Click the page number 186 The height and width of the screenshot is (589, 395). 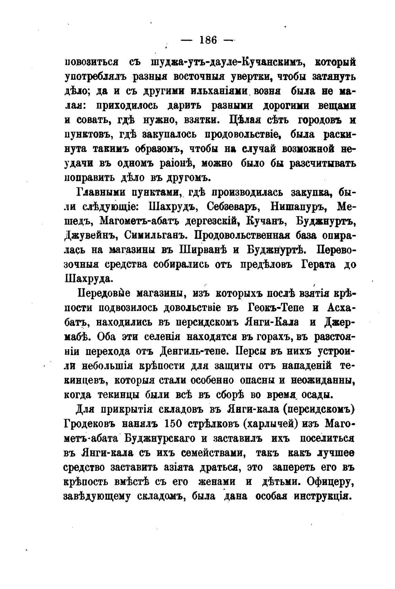(x=208, y=40)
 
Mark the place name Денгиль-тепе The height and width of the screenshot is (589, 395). (x=194, y=351)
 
